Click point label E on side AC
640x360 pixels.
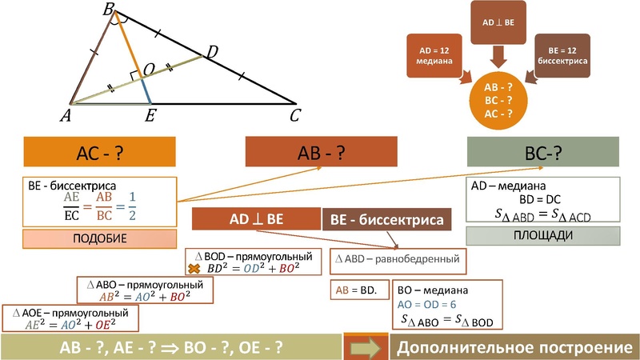[150, 117]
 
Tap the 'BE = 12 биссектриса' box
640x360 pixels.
[563, 57]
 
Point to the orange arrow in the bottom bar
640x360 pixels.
[366, 348]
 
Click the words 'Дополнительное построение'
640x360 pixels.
[509, 348]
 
